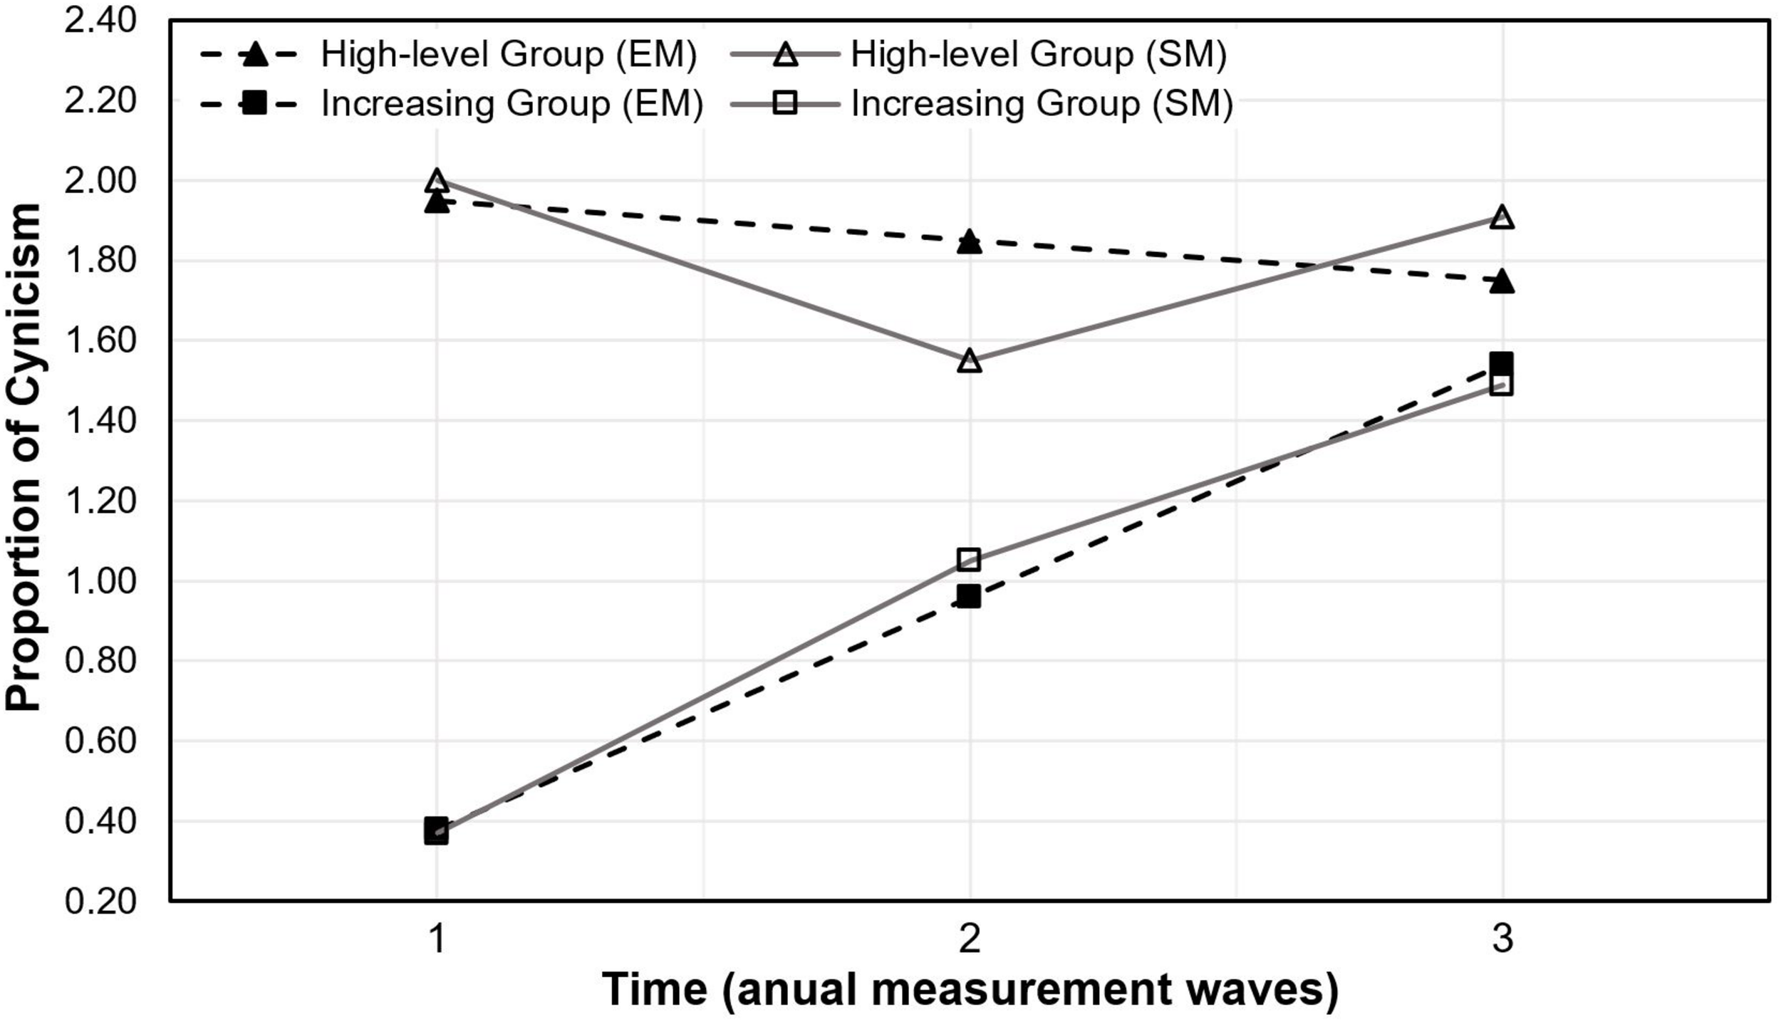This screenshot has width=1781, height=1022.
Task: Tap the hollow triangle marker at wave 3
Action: [x=1502, y=217]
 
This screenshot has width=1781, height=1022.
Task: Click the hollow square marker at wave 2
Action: [x=969, y=560]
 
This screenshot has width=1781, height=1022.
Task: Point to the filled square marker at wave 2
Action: [x=969, y=596]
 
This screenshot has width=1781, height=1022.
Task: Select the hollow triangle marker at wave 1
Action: [x=437, y=181]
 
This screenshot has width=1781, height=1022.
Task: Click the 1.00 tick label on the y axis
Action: [x=100, y=582]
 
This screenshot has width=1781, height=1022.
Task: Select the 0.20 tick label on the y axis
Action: [x=100, y=902]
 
